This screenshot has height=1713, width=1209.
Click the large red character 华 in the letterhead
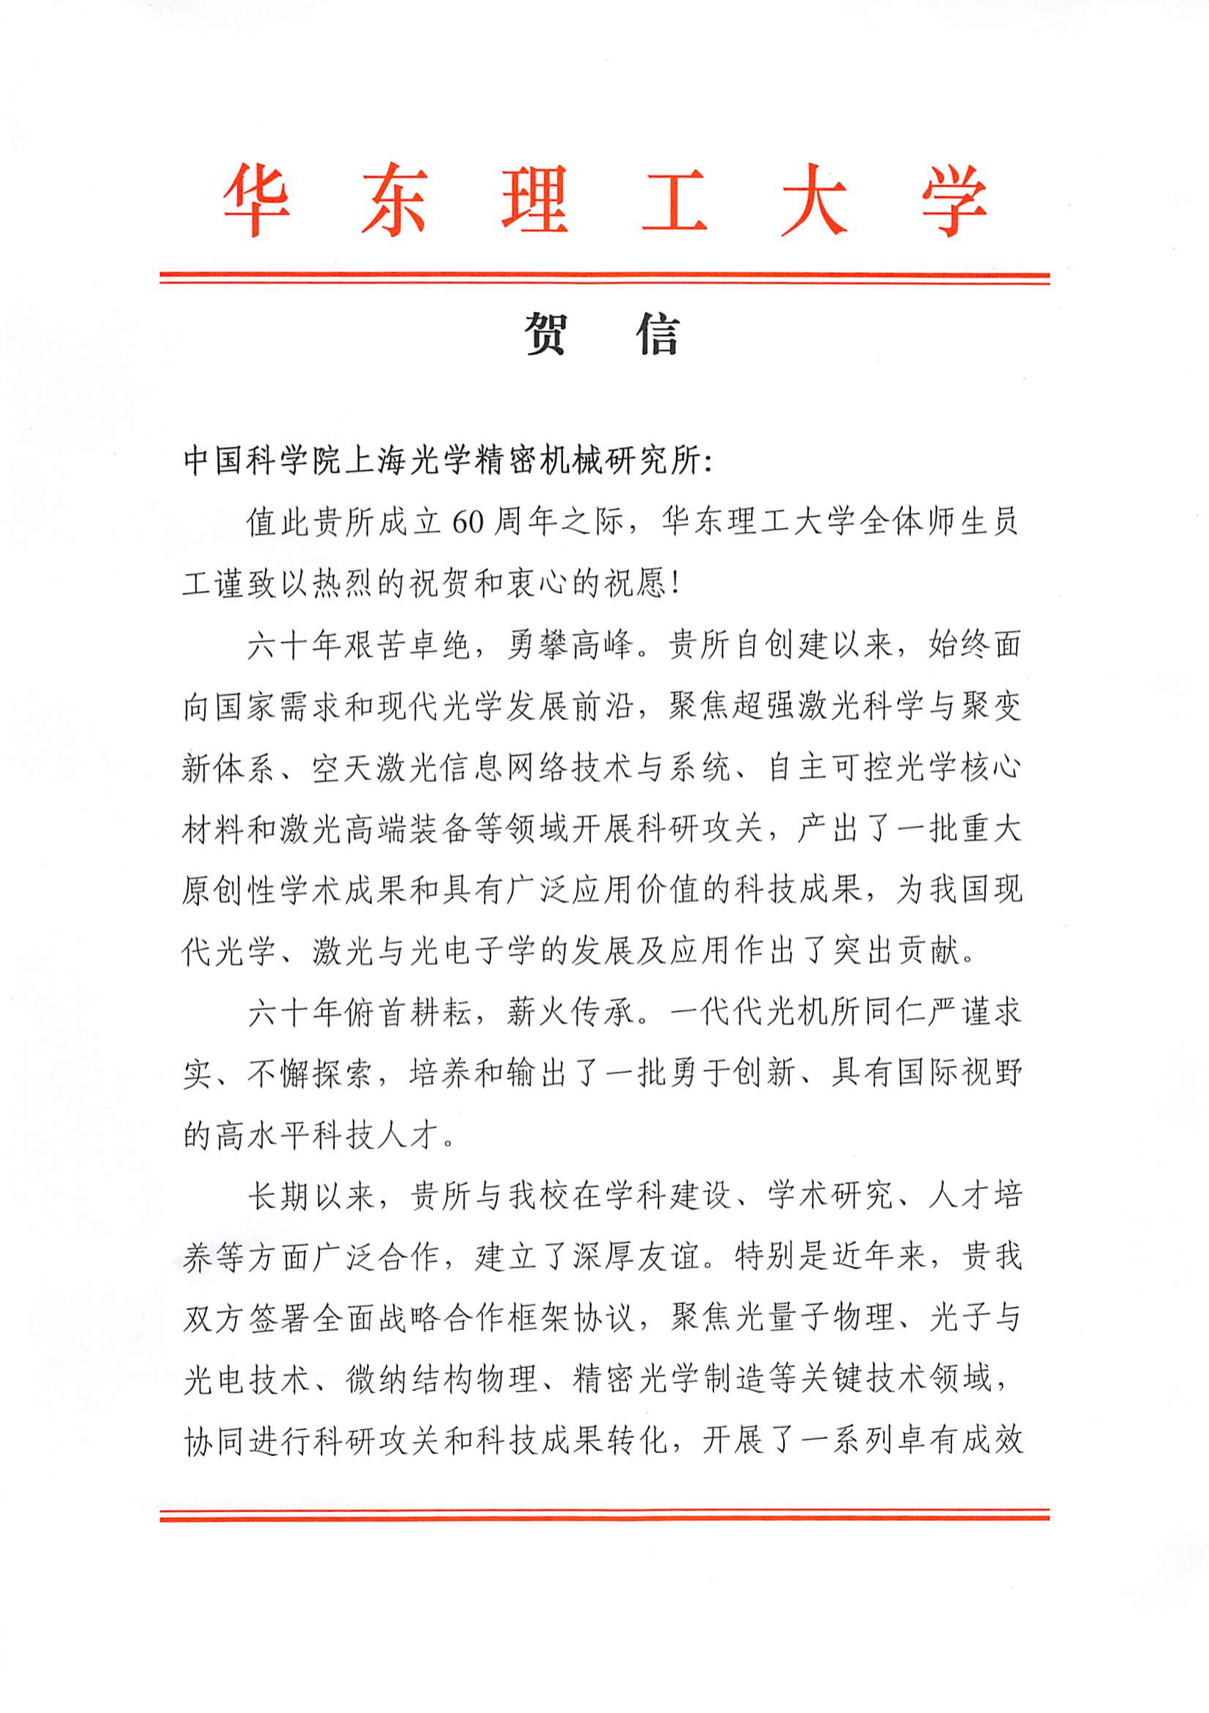tap(255, 200)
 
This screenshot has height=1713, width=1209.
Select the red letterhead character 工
tap(675, 200)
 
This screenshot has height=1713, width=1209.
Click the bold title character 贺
tap(546, 332)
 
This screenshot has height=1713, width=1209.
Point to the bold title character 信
tap(658, 332)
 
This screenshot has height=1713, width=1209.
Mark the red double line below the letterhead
tap(605, 278)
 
